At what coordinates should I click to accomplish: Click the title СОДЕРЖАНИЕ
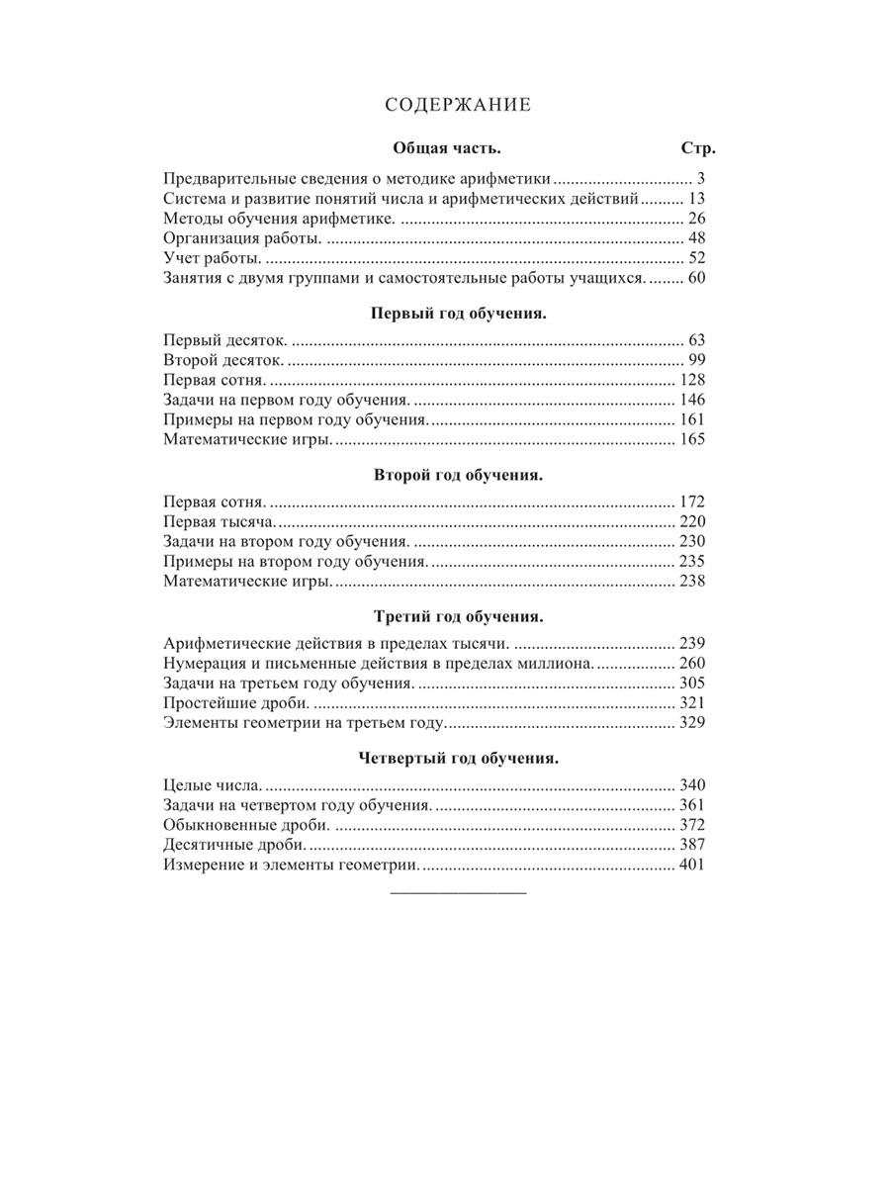458,106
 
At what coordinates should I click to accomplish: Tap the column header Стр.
698,148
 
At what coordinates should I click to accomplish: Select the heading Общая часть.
447,148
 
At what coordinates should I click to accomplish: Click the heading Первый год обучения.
458,313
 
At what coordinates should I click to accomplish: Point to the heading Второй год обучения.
458,474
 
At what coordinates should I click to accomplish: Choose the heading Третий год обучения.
458,616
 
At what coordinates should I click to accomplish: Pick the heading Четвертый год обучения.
458,759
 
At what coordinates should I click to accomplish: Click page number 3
699,179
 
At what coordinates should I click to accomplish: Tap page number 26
694,219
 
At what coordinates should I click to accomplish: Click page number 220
691,521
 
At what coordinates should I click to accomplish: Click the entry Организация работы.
242,238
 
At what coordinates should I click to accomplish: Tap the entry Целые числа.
212,785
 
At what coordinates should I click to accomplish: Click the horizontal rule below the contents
459,893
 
